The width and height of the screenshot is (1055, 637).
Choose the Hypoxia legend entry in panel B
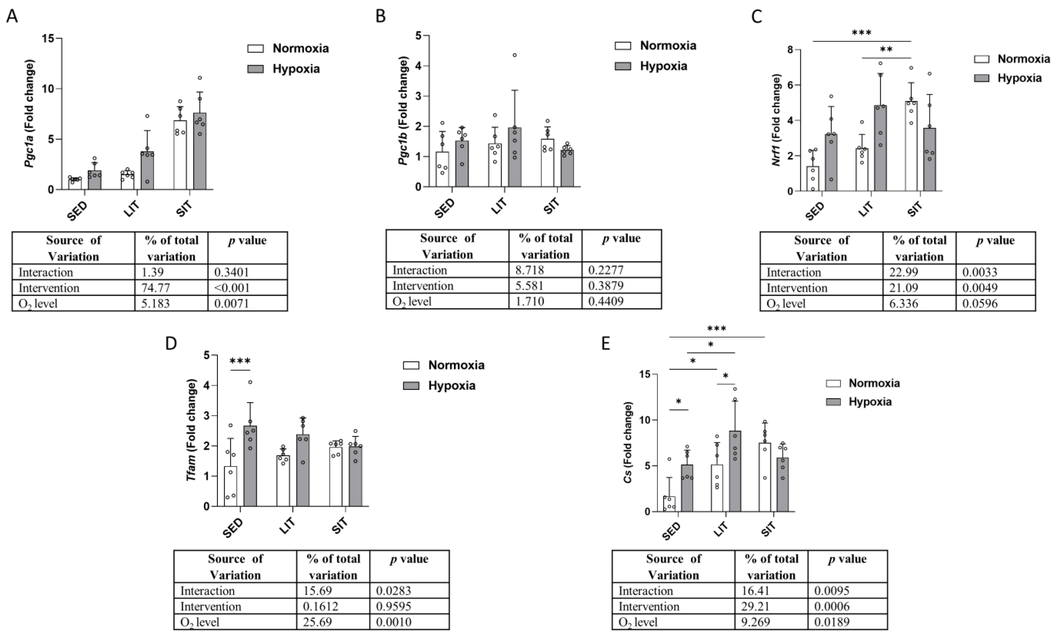pos(663,66)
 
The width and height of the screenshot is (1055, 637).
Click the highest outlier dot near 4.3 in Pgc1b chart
pos(515,55)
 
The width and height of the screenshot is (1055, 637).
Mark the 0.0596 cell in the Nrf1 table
pos(980,303)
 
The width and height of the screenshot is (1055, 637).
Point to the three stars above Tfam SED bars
pos(240,361)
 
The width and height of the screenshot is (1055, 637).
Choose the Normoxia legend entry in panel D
pos(456,365)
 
